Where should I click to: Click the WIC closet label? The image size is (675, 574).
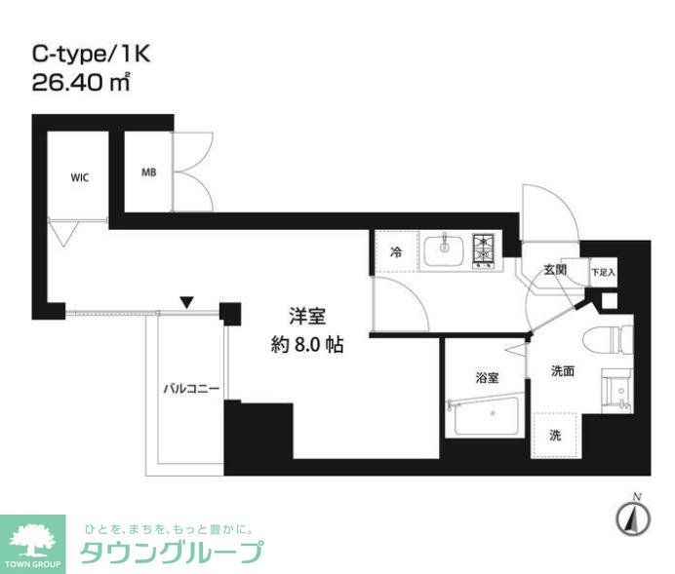coord(80,178)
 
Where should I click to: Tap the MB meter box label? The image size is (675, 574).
coord(148,172)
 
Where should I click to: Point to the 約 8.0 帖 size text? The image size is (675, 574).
coord(306,344)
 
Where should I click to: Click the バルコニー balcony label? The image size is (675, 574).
coord(190,390)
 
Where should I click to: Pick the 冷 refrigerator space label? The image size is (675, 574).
coord(396,251)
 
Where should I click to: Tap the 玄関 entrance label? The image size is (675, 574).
coord(555,269)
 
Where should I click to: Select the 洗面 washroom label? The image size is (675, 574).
coord(561,370)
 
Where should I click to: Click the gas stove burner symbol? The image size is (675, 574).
coord(485,249)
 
